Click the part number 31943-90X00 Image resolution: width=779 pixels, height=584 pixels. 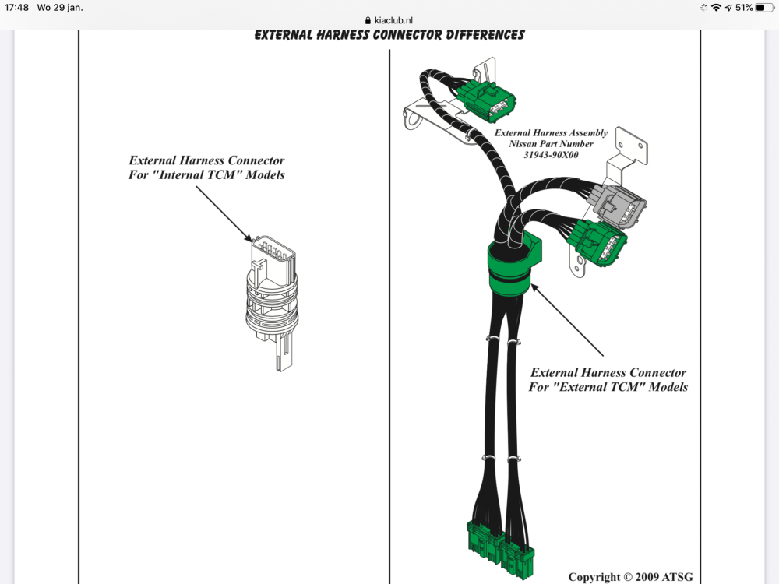click(551, 154)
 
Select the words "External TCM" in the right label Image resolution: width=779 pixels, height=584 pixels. click(587, 387)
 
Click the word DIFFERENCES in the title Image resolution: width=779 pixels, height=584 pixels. click(478, 35)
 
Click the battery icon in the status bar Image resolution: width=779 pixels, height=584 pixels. click(764, 7)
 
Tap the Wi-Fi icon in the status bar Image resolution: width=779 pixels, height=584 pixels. click(716, 7)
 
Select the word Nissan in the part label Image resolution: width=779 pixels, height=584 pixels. click(527, 144)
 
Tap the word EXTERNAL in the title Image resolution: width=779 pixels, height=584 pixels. click(291, 35)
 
